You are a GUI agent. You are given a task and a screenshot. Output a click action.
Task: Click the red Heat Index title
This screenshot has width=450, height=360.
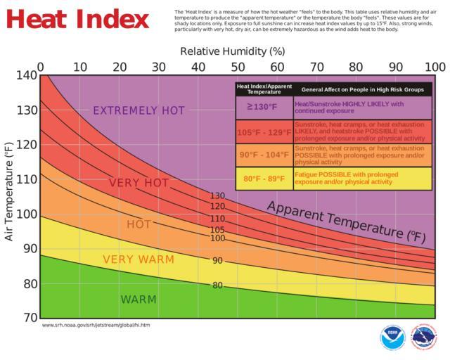click(79, 18)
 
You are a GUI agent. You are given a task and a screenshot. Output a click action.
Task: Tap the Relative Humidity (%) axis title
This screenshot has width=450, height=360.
click(232, 51)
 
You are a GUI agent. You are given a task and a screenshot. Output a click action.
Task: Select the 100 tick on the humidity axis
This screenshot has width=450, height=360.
click(435, 66)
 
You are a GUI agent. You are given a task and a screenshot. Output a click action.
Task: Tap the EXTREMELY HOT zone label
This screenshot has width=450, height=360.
click(139, 110)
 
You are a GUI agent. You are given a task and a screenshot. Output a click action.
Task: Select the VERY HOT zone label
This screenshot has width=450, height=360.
click(139, 184)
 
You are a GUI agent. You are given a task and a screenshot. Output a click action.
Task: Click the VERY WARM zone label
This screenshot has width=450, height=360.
click(139, 259)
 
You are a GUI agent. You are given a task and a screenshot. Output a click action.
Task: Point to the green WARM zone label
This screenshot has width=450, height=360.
click(139, 300)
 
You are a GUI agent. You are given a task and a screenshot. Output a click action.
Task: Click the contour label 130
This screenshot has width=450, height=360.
click(217, 196)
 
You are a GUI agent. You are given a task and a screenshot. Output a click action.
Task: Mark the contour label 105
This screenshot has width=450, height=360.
click(217, 230)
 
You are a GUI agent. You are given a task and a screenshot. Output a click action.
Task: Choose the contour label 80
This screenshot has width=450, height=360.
click(217, 285)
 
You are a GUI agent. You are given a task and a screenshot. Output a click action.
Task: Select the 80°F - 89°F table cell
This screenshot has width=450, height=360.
click(264, 179)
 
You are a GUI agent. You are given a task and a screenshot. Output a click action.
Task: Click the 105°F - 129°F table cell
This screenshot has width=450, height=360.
click(264, 131)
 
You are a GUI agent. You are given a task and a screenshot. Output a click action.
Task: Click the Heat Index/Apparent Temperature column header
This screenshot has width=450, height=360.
click(264, 89)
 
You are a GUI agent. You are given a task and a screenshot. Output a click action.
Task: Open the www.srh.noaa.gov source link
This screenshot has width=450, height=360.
click(96, 325)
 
